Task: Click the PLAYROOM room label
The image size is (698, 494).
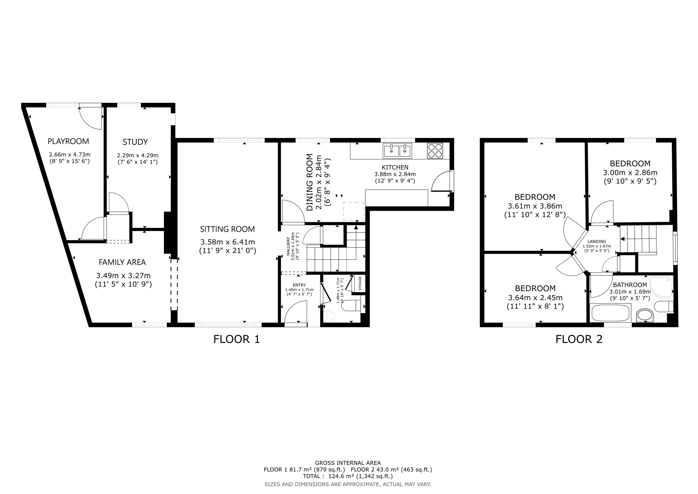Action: (68, 141)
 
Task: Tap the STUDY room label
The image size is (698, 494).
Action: (135, 142)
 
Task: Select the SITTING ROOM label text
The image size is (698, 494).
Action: (227, 229)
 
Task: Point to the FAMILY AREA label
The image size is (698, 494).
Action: (122, 262)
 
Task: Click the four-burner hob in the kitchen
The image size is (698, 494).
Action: (435, 151)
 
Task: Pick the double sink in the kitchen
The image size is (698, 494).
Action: (397, 151)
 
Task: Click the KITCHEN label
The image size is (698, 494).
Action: (395, 167)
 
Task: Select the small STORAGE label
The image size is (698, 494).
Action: (360, 283)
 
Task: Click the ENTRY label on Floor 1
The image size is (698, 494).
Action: (299, 285)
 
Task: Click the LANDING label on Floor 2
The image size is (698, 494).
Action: (597, 242)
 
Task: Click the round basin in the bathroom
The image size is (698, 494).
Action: (645, 316)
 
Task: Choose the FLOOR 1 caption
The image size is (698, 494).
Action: (237, 339)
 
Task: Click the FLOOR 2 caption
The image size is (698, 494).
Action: (579, 339)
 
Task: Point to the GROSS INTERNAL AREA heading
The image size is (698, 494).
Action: (348, 463)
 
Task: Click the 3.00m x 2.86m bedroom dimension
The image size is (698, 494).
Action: (630, 172)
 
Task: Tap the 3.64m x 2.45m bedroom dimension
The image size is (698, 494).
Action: (535, 298)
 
